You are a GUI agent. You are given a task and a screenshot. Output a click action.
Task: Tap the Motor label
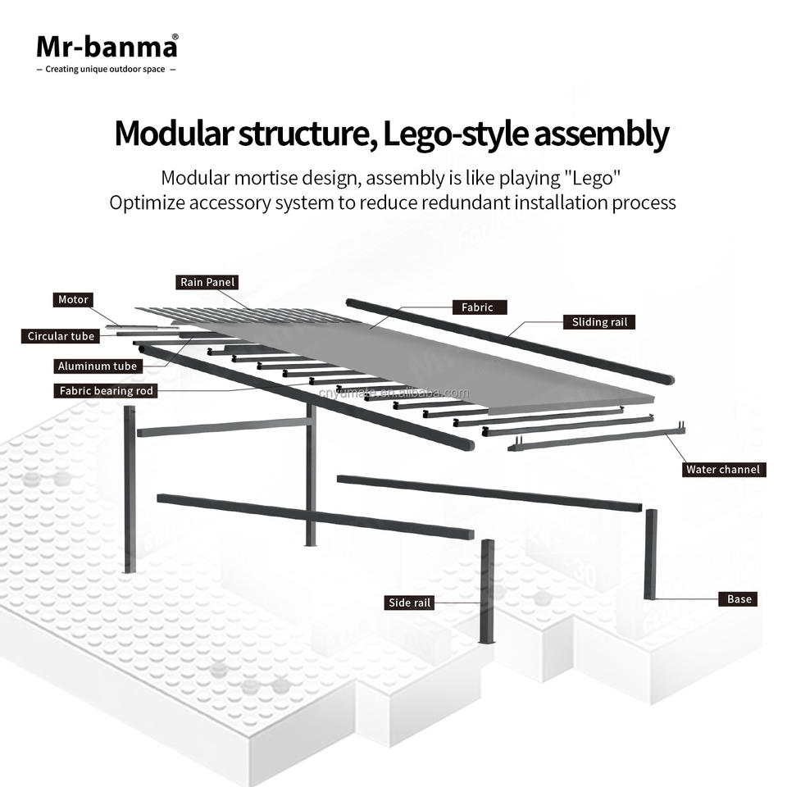(x=73, y=300)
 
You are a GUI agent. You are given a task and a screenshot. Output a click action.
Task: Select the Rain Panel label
(x=208, y=283)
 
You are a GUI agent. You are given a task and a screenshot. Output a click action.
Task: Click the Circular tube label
(x=61, y=336)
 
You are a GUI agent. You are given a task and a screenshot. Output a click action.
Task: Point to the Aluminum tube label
(x=97, y=366)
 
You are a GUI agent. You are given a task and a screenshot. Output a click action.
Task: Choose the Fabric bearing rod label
(x=107, y=391)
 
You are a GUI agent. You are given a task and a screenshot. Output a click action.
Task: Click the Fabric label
(x=477, y=307)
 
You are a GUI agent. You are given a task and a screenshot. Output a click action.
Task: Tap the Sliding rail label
(x=599, y=322)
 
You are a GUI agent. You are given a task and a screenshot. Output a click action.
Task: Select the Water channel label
(x=723, y=470)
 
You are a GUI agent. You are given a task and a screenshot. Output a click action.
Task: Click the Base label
(x=739, y=599)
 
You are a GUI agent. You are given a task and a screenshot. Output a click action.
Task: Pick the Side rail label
(x=410, y=603)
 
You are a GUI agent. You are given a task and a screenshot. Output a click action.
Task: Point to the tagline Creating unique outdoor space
(x=107, y=70)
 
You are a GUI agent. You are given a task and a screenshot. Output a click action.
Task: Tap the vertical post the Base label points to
(x=651, y=554)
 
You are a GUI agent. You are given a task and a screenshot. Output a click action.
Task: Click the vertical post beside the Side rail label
(x=486, y=590)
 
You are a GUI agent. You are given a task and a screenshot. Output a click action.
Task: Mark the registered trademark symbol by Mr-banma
(x=175, y=37)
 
